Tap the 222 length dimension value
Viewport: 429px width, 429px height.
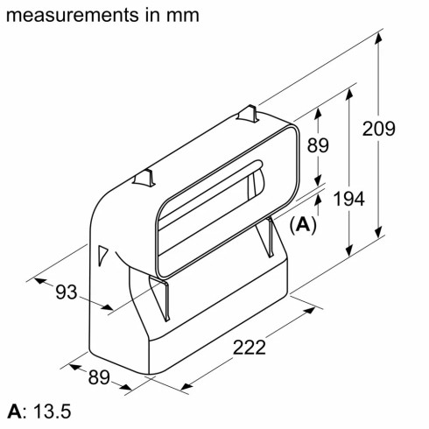tap(250, 347)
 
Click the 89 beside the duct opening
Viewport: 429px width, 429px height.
tap(318, 145)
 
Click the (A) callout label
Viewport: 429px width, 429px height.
tap(302, 224)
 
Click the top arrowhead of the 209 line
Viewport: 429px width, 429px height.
tap(380, 35)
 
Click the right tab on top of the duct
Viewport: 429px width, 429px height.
tap(250, 112)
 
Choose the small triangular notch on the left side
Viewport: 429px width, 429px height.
tap(104, 254)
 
